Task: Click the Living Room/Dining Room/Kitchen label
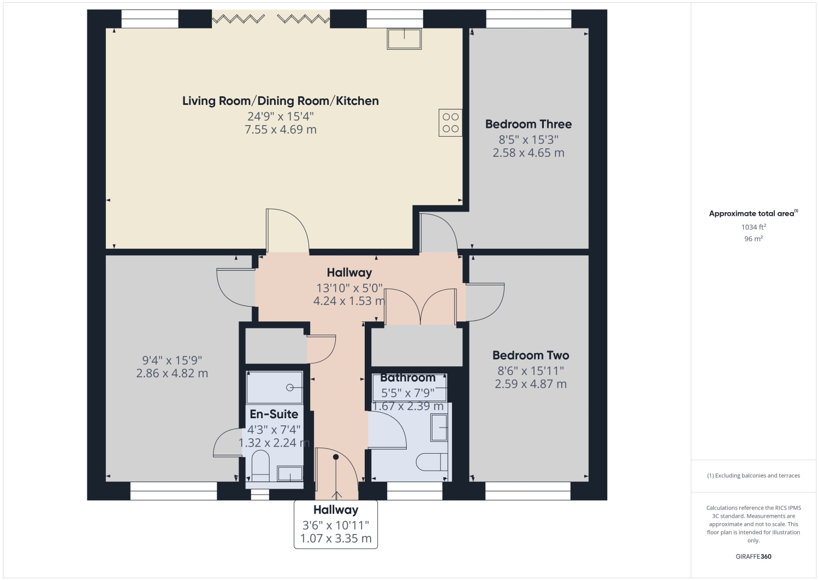pyautogui.click(x=281, y=101)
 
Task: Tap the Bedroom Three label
pyautogui.click(x=529, y=124)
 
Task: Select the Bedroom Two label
pyautogui.click(x=531, y=355)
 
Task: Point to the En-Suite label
pyautogui.click(x=274, y=414)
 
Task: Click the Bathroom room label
pyautogui.click(x=408, y=378)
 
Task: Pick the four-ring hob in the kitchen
pyautogui.click(x=450, y=122)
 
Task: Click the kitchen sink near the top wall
pyautogui.click(x=404, y=39)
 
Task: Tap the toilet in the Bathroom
pyautogui.click(x=432, y=462)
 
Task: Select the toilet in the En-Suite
pyautogui.click(x=260, y=466)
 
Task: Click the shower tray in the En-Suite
pyautogui.click(x=275, y=388)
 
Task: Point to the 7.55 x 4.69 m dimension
pyautogui.click(x=281, y=130)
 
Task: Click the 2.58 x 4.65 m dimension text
pyautogui.click(x=529, y=153)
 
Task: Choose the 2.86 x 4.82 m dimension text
pyautogui.click(x=172, y=373)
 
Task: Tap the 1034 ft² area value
pyautogui.click(x=753, y=227)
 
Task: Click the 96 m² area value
pyautogui.click(x=753, y=239)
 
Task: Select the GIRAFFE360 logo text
pyautogui.click(x=753, y=556)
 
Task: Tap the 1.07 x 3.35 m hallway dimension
pyautogui.click(x=336, y=538)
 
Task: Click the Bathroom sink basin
pyautogui.click(x=439, y=427)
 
